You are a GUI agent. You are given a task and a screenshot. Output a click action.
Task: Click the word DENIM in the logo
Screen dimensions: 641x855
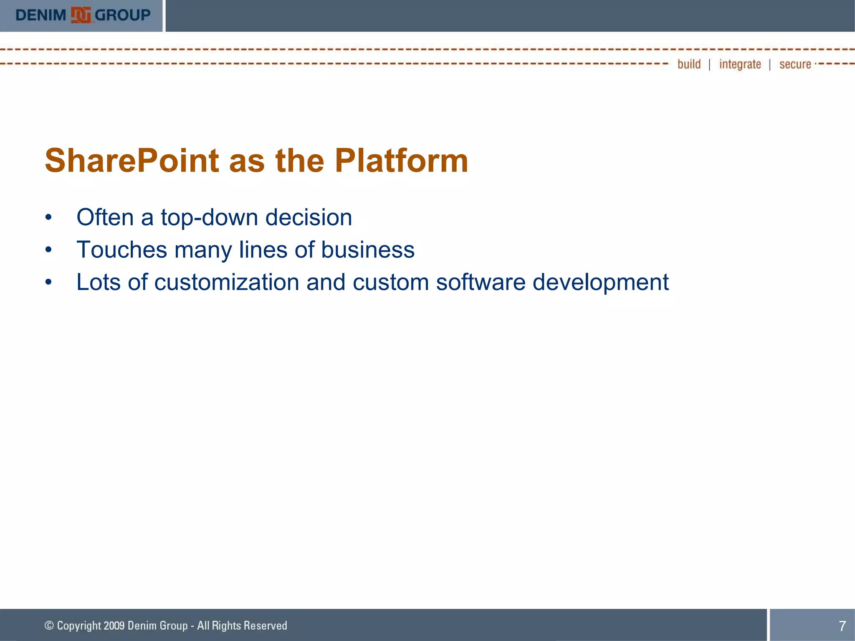point(40,15)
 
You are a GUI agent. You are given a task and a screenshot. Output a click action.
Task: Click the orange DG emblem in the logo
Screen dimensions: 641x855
point(81,15)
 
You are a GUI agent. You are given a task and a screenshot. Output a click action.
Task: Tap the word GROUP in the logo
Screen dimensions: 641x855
point(122,15)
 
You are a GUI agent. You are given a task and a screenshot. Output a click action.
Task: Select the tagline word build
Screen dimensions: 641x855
point(689,64)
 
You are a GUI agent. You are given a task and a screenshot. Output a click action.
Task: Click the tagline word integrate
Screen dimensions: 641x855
point(740,64)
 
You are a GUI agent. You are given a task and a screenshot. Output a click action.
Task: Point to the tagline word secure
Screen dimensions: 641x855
point(795,64)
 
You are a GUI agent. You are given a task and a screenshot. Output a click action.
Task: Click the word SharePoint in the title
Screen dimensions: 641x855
point(132,161)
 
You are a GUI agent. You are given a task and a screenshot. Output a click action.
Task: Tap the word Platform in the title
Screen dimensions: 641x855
point(401,161)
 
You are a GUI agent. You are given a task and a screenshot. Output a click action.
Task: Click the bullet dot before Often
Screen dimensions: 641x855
point(49,217)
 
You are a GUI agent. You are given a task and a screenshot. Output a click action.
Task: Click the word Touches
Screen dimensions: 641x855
point(121,250)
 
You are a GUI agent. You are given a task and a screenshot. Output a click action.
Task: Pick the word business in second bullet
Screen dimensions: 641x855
point(367,250)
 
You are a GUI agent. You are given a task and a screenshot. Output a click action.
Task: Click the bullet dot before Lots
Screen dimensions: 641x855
point(49,283)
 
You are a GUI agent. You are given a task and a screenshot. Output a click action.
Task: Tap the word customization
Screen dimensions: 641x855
point(227,283)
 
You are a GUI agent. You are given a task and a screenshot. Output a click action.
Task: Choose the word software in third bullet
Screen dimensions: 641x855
point(481,283)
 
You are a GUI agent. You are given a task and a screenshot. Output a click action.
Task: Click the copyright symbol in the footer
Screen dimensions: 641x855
point(49,625)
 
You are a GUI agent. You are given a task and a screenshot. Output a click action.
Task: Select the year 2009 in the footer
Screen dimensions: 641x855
point(114,626)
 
